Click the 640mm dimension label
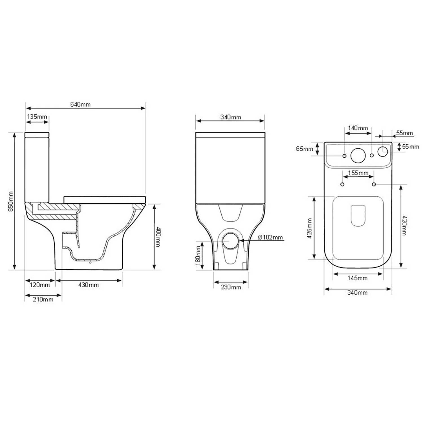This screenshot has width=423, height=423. pos(80,104)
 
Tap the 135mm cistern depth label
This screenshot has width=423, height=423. pos(37,117)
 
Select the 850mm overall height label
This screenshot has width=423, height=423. pos(11,201)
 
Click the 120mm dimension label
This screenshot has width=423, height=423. pos(40,285)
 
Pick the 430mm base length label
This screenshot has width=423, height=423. pos(89,285)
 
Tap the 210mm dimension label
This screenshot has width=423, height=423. pos(43,299)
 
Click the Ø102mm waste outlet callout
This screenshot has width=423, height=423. pos(270,237)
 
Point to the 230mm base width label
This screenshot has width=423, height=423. pos(231,287)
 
